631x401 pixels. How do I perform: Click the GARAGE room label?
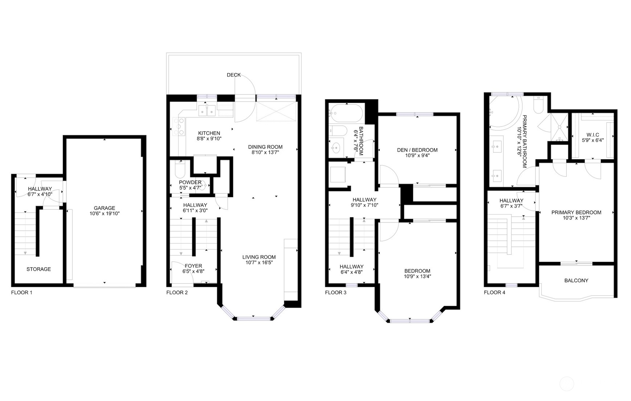click(105, 208)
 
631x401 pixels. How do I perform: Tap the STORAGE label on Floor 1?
click(38, 269)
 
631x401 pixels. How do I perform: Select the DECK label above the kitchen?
click(233, 75)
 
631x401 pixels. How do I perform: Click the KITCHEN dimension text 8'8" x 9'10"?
click(209, 139)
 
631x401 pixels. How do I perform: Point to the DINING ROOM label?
click(265, 147)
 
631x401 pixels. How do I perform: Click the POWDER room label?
click(190, 182)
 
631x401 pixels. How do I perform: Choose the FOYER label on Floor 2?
click(193, 266)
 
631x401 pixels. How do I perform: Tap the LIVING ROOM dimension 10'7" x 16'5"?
click(259, 262)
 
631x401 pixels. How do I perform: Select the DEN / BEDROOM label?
click(417, 150)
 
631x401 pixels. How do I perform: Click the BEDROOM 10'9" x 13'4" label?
click(417, 271)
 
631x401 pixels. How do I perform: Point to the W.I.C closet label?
click(593, 135)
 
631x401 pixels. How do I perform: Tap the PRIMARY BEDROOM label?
click(576, 212)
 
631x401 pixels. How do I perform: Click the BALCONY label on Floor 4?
click(576, 280)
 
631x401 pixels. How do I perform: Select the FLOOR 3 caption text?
click(336, 292)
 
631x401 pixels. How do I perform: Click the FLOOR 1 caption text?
click(22, 292)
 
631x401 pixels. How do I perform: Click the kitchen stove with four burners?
click(179, 127)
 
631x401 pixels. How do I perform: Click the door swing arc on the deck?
click(246, 84)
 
